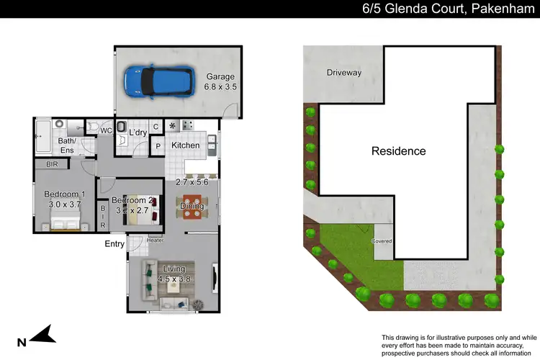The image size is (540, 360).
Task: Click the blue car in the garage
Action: (x=159, y=81)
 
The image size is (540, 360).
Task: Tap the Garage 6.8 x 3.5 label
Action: (x=221, y=81)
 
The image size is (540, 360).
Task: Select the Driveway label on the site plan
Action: (x=343, y=73)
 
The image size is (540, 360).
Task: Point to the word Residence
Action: (x=398, y=151)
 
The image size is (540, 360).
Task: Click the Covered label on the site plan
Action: (x=382, y=240)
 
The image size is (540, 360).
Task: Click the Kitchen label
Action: (x=185, y=145)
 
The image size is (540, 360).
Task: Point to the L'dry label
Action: (x=138, y=132)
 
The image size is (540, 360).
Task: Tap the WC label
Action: (x=105, y=131)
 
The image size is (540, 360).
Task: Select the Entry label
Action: (x=115, y=244)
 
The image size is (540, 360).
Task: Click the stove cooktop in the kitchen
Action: (x=188, y=125)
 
